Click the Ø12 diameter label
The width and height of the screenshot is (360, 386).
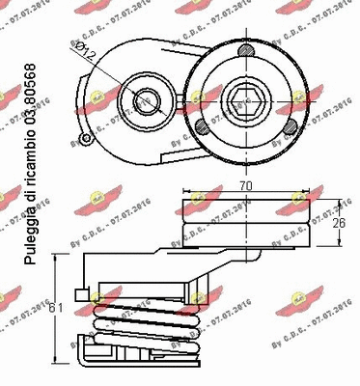coord(84,51)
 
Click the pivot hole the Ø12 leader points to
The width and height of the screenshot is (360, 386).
coord(146,99)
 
